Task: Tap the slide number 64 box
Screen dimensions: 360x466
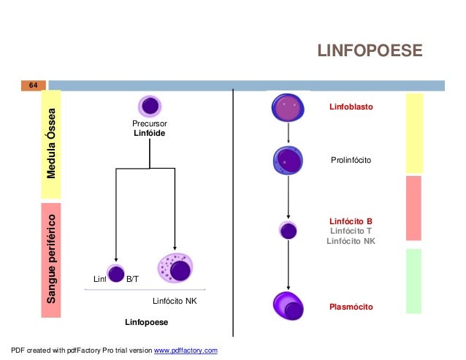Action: point(33,85)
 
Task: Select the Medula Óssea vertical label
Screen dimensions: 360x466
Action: point(51,145)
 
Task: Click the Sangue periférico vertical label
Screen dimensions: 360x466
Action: point(51,260)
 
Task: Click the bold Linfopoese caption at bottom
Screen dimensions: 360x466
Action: point(146,322)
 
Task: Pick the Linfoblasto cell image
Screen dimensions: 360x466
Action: point(289,107)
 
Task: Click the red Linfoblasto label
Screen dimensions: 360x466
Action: point(351,107)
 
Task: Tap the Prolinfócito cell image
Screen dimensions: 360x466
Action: point(289,159)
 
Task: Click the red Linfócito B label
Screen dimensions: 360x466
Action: point(351,220)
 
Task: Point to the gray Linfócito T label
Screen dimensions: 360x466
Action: point(351,230)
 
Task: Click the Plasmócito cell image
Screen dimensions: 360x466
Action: point(289,305)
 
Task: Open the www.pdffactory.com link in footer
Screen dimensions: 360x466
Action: point(186,351)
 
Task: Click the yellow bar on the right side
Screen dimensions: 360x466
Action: point(414,133)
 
